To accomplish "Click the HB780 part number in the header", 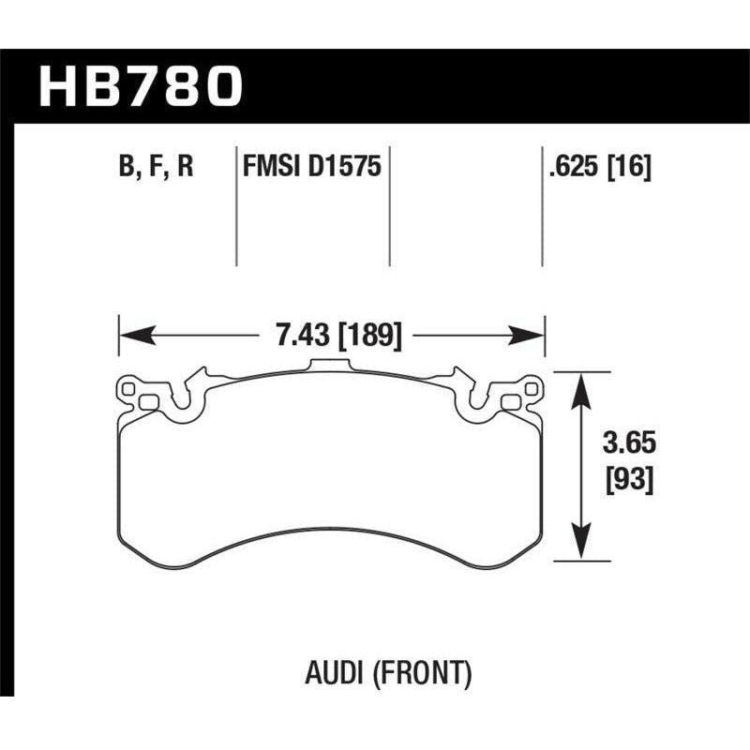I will [x=141, y=86].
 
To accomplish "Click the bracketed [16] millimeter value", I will [x=629, y=168].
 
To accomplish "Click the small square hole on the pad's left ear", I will [x=146, y=402].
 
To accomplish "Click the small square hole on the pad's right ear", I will [x=511, y=402].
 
